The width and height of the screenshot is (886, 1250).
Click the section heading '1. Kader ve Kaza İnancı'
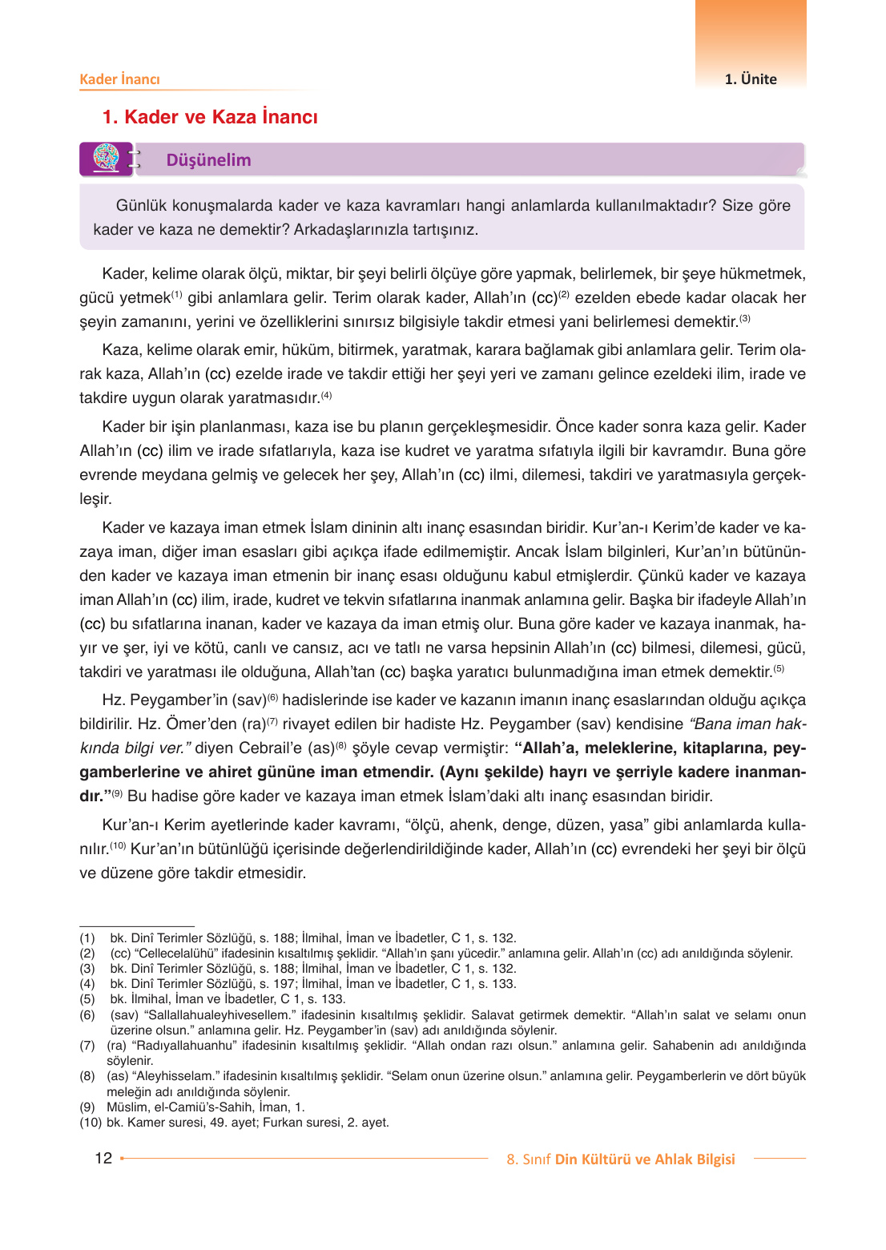pos(210,117)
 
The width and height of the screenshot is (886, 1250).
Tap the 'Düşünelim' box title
pos(208,160)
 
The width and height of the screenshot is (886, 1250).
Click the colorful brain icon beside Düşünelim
pos(106,158)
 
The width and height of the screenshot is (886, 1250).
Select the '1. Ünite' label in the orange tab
pos(751,79)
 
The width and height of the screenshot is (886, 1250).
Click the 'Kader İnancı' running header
pos(119,79)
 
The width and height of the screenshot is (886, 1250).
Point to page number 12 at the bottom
pos(103,1158)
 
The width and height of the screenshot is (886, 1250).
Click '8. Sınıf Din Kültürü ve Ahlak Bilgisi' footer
pos(620,1159)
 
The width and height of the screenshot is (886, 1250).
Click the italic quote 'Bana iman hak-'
pos(747,724)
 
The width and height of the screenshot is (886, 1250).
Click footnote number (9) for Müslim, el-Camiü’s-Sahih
pos(87,1107)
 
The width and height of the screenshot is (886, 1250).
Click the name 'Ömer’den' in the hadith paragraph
pos(203,724)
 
